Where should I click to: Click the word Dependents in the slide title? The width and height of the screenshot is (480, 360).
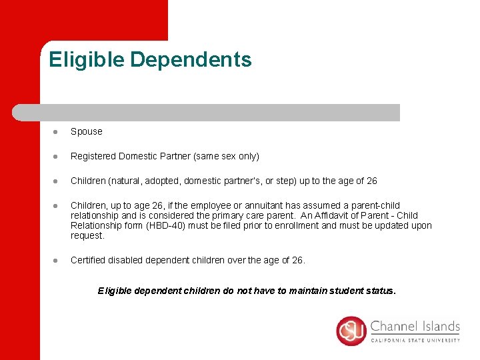coord(191,59)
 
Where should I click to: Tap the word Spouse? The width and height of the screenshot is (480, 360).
coord(87,131)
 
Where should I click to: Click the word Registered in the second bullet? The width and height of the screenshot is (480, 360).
coord(93,156)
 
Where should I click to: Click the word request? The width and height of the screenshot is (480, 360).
coord(87,235)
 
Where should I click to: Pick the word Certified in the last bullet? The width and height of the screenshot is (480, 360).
coord(90,260)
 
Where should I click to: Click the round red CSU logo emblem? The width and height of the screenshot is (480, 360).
coord(351,331)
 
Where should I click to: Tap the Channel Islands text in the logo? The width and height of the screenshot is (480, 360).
coord(415,327)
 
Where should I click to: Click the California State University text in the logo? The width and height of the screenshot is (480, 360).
coord(415,339)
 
